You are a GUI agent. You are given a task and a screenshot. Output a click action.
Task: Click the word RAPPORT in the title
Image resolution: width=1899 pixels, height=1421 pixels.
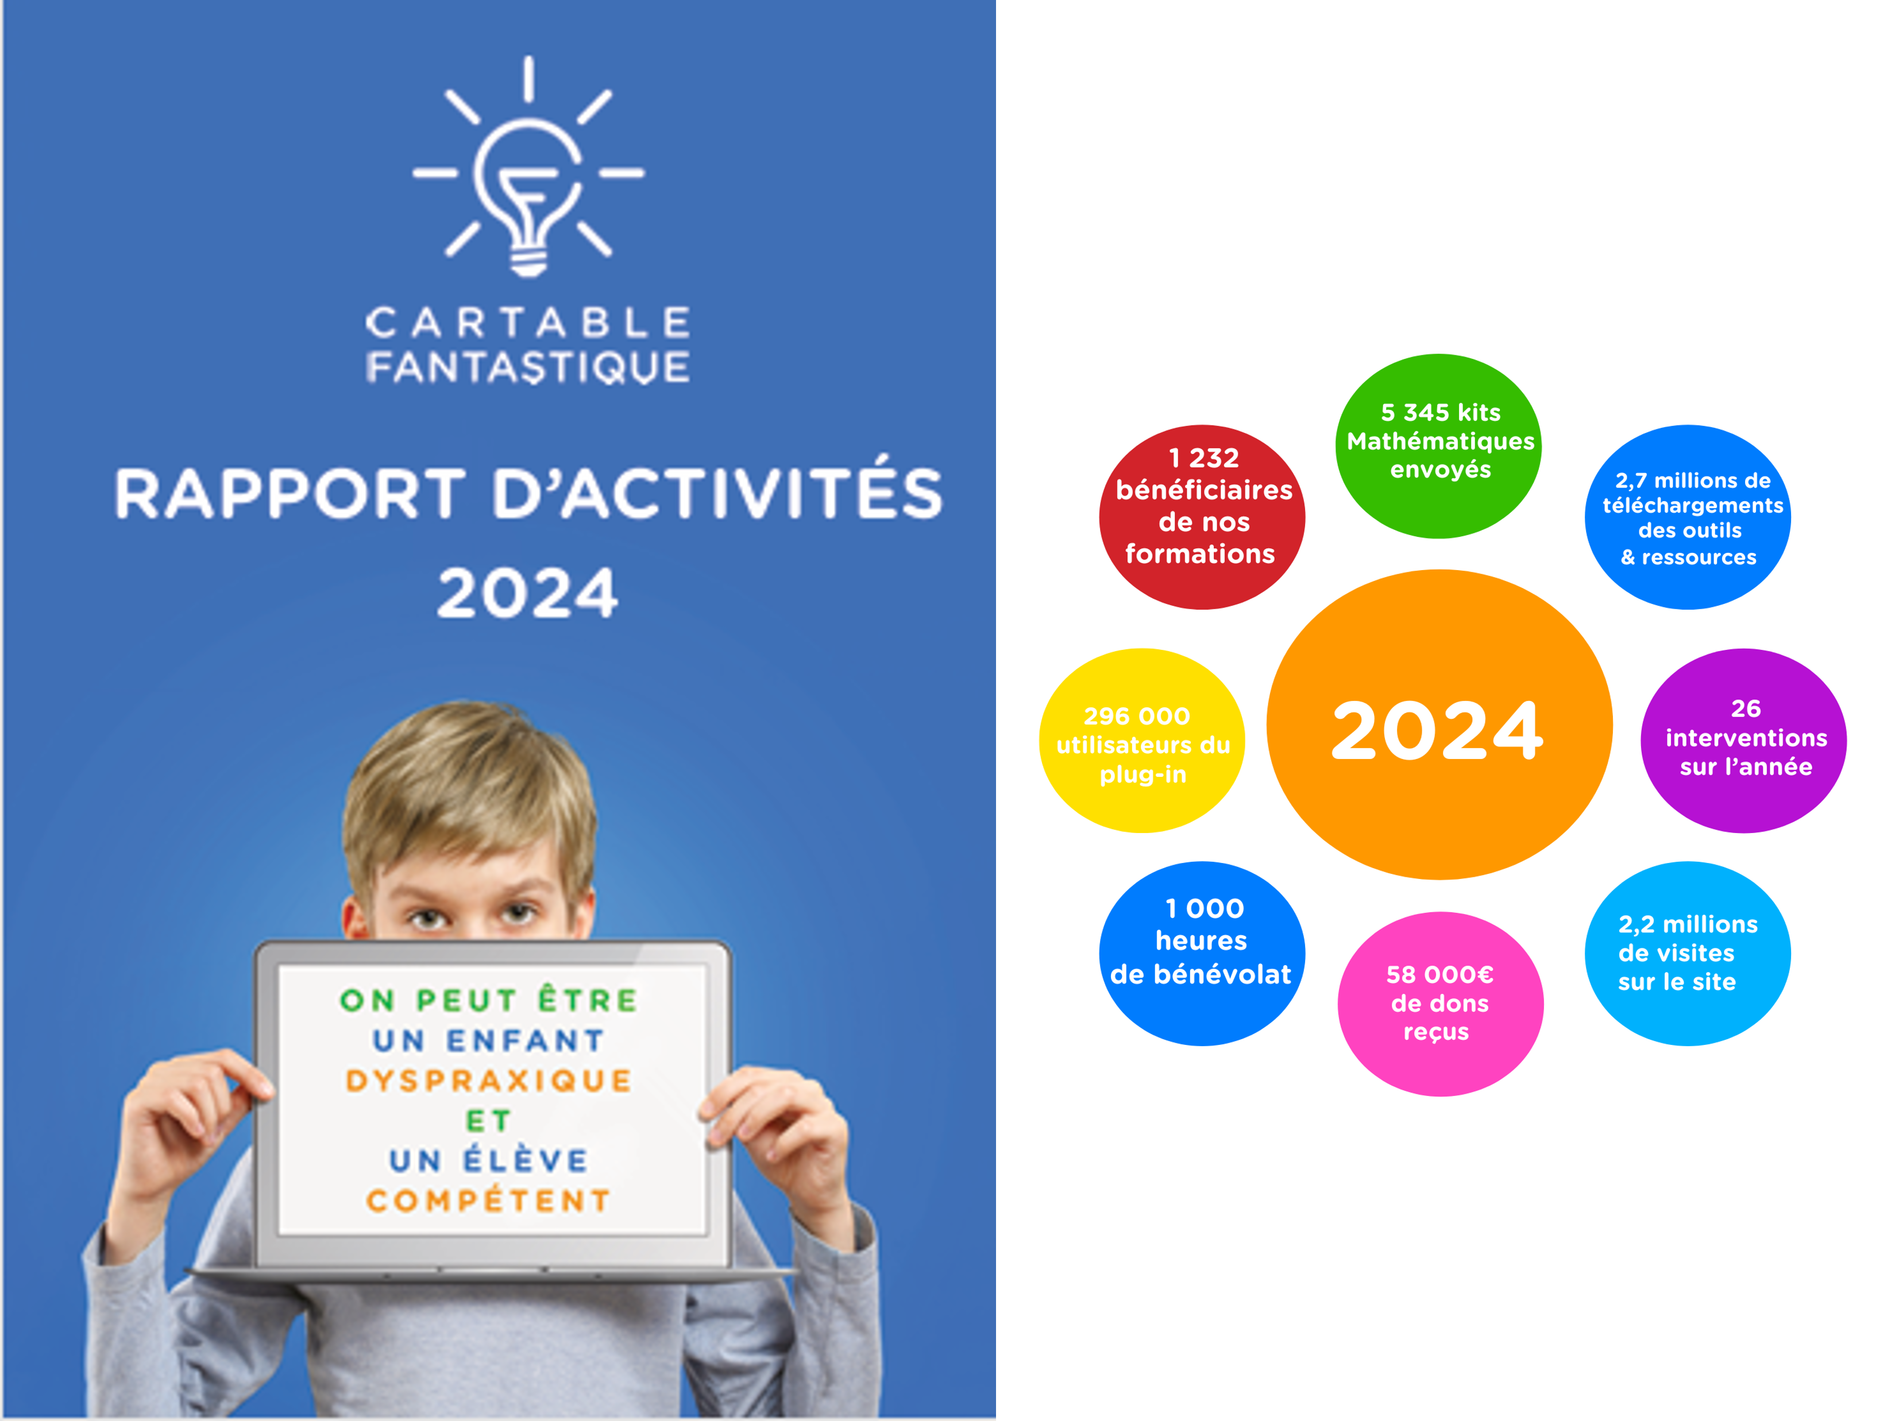point(290,494)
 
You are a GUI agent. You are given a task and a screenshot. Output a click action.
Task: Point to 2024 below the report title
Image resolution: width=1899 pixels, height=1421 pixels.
point(527,593)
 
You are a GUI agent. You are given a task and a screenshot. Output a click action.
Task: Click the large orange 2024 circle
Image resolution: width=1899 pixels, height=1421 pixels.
point(1439,725)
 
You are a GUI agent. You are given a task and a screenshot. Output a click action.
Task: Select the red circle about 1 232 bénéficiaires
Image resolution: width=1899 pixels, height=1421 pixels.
point(1202,517)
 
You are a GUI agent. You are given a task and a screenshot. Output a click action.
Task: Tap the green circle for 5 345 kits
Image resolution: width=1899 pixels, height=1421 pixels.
point(1439,446)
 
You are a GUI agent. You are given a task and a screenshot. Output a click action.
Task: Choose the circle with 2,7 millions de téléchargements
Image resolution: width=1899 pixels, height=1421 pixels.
point(1688,517)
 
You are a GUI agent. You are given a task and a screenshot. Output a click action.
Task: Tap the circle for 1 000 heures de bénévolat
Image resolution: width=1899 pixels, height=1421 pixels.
point(1202,953)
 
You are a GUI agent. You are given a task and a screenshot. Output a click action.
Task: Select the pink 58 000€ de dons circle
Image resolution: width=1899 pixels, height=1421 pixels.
point(1441,1004)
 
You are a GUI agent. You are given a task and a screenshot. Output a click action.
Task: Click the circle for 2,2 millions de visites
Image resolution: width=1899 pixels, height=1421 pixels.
point(1688,953)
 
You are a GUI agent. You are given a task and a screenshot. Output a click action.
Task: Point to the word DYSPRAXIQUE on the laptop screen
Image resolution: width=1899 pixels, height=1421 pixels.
point(488,1081)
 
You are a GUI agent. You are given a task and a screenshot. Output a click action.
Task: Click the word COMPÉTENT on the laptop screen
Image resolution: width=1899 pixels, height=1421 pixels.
point(488,1201)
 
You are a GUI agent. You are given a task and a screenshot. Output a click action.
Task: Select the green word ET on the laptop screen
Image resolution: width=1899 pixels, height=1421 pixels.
point(488,1121)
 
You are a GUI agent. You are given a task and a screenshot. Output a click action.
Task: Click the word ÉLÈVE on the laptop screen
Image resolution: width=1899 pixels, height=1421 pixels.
point(526,1160)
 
